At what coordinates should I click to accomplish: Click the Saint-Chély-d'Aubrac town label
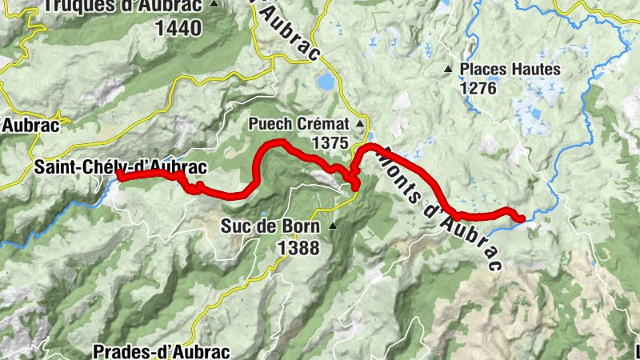[121, 167]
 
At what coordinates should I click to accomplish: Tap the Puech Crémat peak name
[299, 125]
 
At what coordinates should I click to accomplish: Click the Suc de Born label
[271, 226]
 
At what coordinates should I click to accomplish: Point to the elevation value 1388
[298, 248]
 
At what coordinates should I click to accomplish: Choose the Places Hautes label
[510, 69]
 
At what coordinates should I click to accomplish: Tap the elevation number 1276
[478, 88]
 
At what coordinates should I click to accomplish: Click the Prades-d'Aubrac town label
[161, 351]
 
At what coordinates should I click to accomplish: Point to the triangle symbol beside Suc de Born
[332, 226]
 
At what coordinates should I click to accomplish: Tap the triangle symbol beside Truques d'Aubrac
[214, 4]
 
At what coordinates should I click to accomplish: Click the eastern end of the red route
[522, 218]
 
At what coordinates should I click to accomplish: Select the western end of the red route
[119, 174]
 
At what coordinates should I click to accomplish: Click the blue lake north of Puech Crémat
[326, 82]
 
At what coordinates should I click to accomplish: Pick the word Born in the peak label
[302, 226]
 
